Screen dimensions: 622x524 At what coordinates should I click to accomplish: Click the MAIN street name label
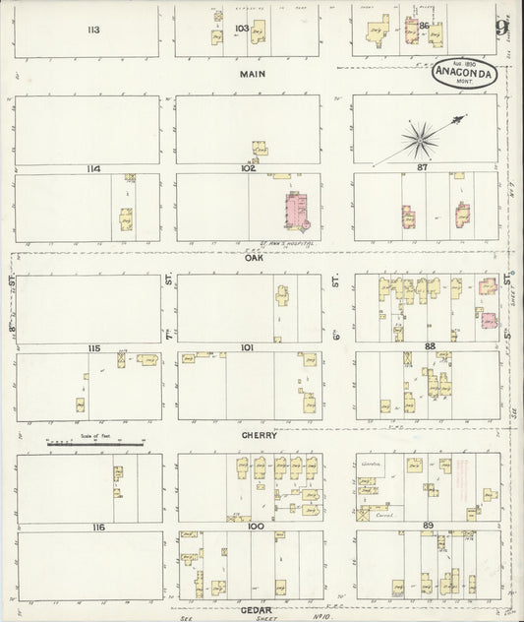pyautogui.click(x=252, y=74)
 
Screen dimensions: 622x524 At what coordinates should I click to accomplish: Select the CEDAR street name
pyautogui.click(x=256, y=609)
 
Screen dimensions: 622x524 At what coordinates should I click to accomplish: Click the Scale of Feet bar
pyautogui.click(x=95, y=444)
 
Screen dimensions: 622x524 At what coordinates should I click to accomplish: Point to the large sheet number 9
pyautogui.click(x=501, y=27)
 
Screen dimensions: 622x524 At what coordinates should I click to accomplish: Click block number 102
pyautogui.click(x=247, y=168)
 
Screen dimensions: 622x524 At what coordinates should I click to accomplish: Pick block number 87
pyautogui.click(x=426, y=169)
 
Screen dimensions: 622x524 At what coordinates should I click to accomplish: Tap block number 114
pyautogui.click(x=93, y=169)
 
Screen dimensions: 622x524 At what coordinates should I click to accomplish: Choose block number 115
pyautogui.click(x=93, y=348)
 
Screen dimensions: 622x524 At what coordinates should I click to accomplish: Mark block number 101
pyautogui.click(x=247, y=347)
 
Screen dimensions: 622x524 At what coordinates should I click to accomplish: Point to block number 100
pyautogui.click(x=256, y=528)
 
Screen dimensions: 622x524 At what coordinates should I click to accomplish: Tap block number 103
pyautogui.click(x=242, y=30)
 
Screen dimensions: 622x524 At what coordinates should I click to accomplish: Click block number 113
pyautogui.click(x=93, y=30)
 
